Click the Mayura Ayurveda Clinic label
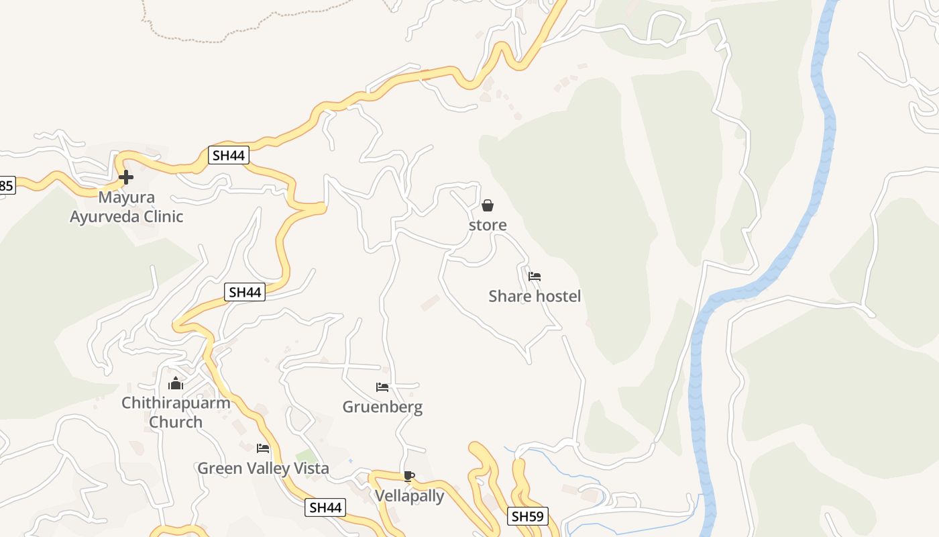pyautogui.click(x=126, y=207)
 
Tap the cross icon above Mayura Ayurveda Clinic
pyautogui.click(x=125, y=177)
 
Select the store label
pyautogui.click(x=488, y=225)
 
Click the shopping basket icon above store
pyautogui.click(x=488, y=205)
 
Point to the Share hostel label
pyautogui.click(x=535, y=296)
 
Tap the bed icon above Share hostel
pyautogui.click(x=535, y=276)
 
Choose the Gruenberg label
pyautogui.click(x=382, y=407)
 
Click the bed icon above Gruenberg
pyautogui.click(x=382, y=387)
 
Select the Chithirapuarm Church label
pyautogui.click(x=176, y=412)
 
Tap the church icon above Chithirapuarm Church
pyautogui.click(x=176, y=383)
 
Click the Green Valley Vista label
pyautogui.click(x=263, y=468)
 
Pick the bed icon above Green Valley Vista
pyautogui.click(x=263, y=448)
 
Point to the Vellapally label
pyautogui.click(x=409, y=496)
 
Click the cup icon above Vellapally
pyautogui.click(x=409, y=476)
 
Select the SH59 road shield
pyautogui.click(x=529, y=516)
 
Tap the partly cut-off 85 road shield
pyautogui.click(x=7, y=185)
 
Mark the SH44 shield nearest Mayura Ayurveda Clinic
pyautogui.click(x=229, y=156)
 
